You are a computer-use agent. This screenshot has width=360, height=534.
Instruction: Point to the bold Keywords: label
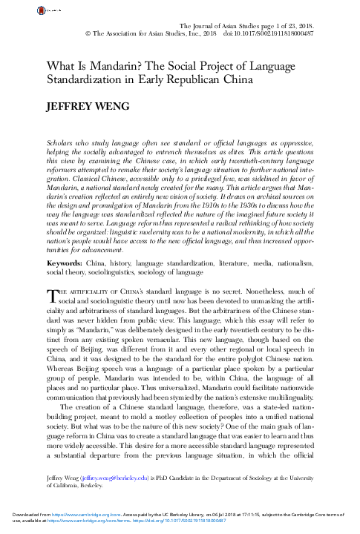tap(62, 242)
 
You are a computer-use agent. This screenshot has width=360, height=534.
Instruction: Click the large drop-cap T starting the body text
tap(50, 274)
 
